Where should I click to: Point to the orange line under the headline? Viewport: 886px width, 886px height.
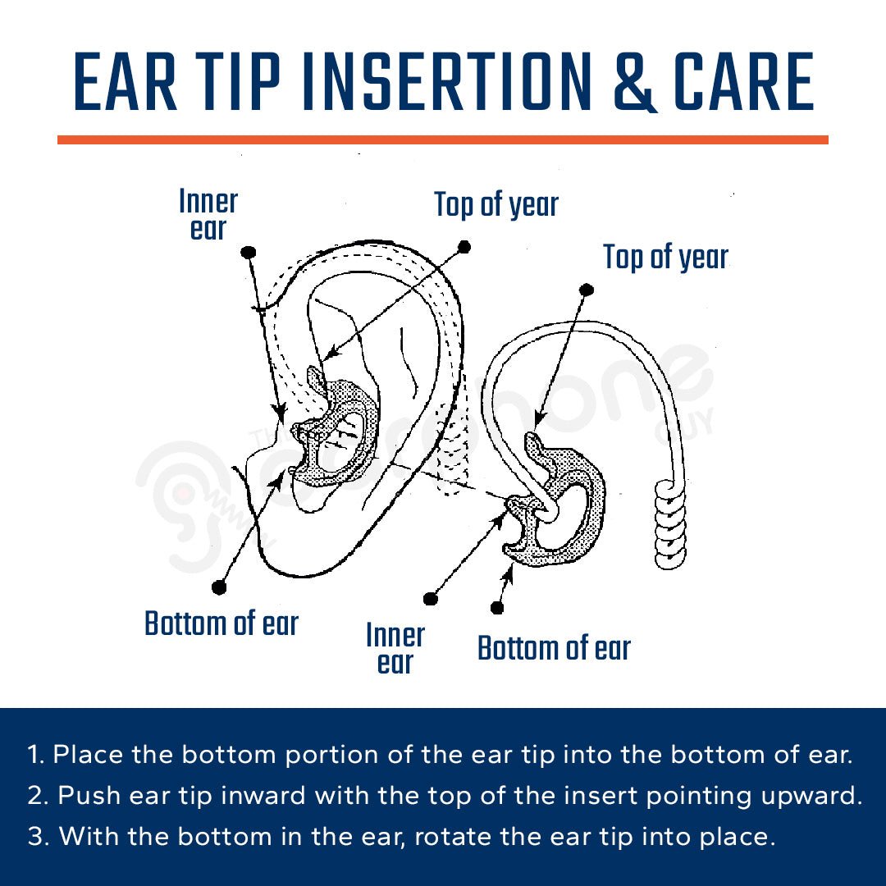click(x=443, y=140)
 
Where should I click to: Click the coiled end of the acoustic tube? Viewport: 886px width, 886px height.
click(x=670, y=525)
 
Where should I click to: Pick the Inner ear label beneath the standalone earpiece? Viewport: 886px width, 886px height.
click(x=395, y=648)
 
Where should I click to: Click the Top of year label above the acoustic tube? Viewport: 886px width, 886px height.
click(x=665, y=257)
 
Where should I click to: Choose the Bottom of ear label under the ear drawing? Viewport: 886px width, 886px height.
click(x=221, y=623)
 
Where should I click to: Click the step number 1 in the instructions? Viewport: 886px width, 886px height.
click(x=34, y=756)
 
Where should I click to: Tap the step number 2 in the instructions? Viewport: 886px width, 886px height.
click(x=36, y=797)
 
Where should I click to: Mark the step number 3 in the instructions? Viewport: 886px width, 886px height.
click(x=36, y=838)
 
